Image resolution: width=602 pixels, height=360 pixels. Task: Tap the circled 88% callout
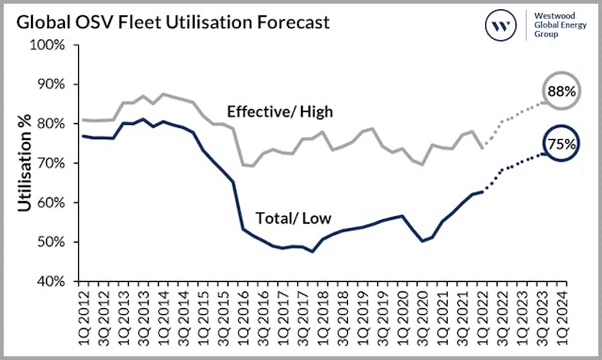[x=562, y=92]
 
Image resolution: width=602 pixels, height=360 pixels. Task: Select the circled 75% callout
[x=562, y=146]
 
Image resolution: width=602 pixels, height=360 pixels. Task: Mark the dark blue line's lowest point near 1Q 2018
[x=313, y=251]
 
